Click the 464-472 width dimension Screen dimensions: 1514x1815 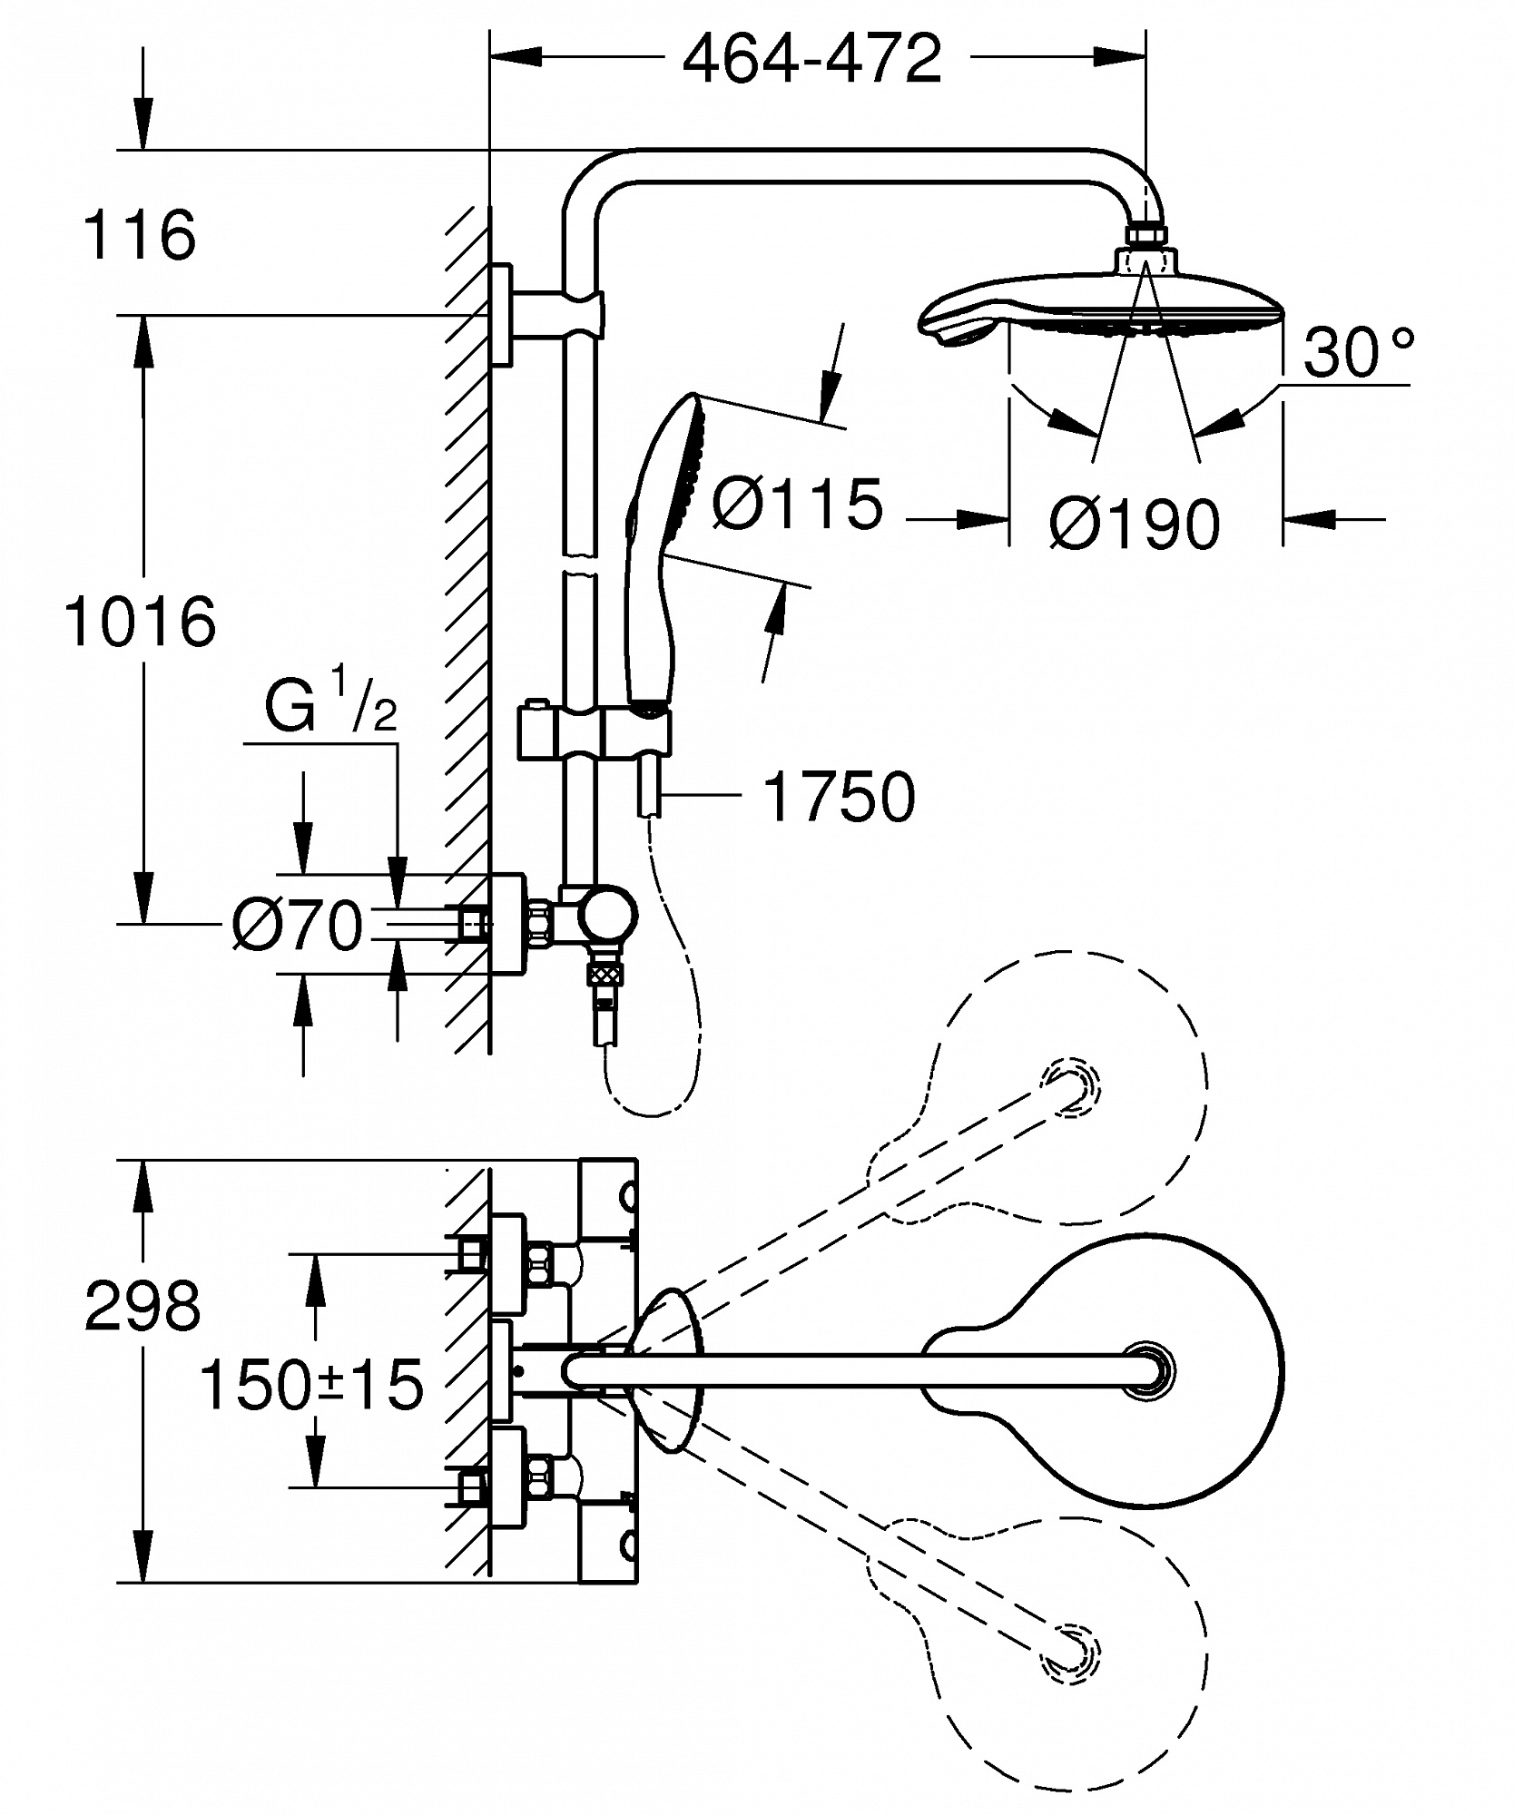coord(811,60)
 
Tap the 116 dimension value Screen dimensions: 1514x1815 coord(139,235)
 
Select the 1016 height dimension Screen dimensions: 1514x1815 coord(141,622)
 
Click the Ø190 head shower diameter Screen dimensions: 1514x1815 coord(1135,523)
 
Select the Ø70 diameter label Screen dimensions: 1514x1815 coord(298,926)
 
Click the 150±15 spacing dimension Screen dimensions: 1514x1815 coord(311,1384)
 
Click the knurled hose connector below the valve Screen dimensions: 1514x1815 coord(605,976)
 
